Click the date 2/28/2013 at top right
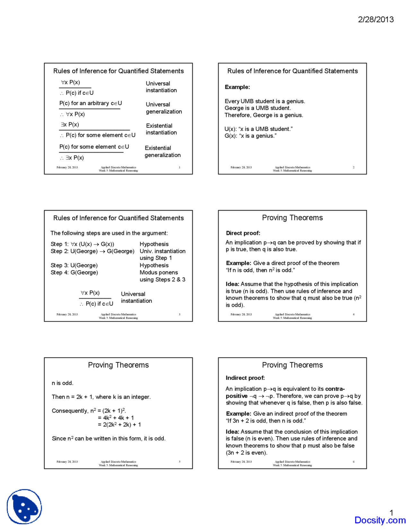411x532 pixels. click(376, 20)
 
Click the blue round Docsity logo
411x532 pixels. click(24, 507)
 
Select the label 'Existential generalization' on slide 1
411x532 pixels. click(162, 152)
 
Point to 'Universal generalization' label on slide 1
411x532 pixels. click(164, 108)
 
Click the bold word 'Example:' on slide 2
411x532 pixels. click(237, 87)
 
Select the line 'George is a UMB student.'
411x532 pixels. click(258, 108)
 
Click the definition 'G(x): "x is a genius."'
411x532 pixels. click(250, 136)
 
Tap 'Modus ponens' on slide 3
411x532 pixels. click(159, 272)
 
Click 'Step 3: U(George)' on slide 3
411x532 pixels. click(74, 265)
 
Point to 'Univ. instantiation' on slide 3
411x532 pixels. click(162, 251)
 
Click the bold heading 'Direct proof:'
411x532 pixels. click(243, 233)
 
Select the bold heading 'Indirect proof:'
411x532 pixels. click(245, 378)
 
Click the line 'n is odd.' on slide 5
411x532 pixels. click(63, 383)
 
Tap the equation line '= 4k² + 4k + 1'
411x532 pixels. click(116, 418)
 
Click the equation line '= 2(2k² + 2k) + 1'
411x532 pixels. click(119, 425)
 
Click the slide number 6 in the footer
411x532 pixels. click(354, 462)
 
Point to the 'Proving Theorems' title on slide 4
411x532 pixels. click(292, 218)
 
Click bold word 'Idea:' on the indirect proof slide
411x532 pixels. click(232, 432)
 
